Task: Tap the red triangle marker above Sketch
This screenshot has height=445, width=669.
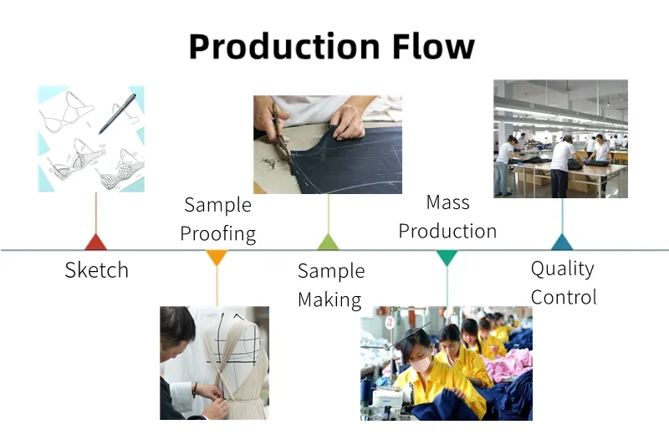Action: (x=96, y=243)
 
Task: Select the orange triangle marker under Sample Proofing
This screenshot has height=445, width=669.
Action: (x=217, y=258)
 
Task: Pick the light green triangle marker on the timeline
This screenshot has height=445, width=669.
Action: (x=328, y=243)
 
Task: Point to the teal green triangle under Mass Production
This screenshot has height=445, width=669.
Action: (x=447, y=258)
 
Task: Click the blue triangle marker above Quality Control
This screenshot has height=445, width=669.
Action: (x=562, y=243)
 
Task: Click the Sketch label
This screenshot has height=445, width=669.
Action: (x=97, y=270)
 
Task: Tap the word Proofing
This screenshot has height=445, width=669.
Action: (x=218, y=233)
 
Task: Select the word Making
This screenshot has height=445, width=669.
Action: (x=329, y=299)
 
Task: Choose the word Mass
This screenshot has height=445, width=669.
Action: (x=447, y=202)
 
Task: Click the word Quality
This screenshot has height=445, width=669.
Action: (x=563, y=269)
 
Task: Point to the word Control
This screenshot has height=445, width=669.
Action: (x=564, y=297)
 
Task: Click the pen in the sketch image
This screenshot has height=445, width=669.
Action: (x=117, y=114)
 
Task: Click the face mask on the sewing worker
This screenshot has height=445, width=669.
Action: (x=419, y=365)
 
